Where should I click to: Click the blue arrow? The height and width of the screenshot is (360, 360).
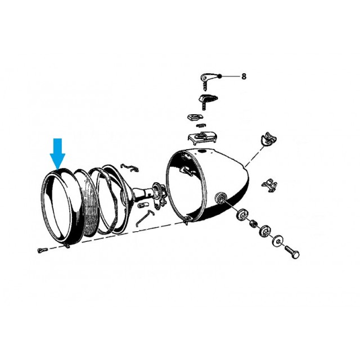coord(57,154)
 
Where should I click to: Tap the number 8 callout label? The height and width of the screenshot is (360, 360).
coord(244,76)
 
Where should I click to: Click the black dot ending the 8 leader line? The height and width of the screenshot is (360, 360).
coord(220,76)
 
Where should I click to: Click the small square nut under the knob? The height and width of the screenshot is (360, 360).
coord(195,118)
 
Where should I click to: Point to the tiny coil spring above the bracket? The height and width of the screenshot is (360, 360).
coord(201,125)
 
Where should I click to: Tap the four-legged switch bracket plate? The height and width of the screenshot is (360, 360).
coord(202,137)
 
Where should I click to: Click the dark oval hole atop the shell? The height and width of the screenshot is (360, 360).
coord(202,151)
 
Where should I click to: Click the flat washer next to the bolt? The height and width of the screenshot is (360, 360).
coord(278,241)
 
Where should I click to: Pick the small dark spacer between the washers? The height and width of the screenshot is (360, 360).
coord(254,223)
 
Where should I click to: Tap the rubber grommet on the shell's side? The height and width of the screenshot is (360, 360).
coord(220,197)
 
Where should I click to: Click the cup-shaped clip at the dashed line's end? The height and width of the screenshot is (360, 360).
coord(269,138)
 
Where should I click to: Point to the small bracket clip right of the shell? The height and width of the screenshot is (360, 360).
coord(269,184)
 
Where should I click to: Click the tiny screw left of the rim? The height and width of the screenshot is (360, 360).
coord(42,250)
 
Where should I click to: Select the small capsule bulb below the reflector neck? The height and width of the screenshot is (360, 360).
coord(141,205)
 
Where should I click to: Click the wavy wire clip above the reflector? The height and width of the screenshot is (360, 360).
coord(130,168)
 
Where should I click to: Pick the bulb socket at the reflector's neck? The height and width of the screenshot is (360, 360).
coord(159,195)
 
